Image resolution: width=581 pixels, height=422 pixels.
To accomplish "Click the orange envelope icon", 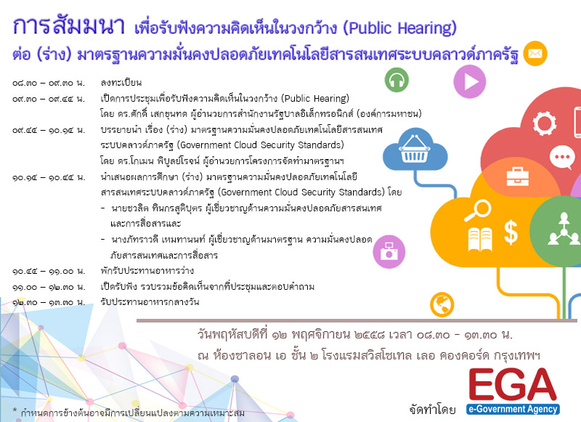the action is point(535,53).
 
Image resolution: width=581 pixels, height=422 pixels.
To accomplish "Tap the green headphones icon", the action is point(397,80).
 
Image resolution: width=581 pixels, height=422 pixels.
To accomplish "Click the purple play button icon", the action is point(469,81).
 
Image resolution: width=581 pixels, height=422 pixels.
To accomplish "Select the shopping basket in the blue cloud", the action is point(414,149).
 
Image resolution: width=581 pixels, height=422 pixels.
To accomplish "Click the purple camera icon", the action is point(389,251).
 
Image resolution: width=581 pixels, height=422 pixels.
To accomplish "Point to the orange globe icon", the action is point(442,305).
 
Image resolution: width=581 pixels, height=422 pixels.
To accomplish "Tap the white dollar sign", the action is point(511,232).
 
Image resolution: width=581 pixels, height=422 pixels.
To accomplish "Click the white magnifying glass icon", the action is point(478,210).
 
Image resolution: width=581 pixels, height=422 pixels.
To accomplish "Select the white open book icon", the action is point(480,240).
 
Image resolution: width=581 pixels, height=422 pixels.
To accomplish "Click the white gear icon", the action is point(544,123).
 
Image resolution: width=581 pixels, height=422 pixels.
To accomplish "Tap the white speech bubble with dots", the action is point(562,157).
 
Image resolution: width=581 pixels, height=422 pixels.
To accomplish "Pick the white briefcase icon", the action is point(518,176).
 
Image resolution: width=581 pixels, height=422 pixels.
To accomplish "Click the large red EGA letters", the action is point(513,384).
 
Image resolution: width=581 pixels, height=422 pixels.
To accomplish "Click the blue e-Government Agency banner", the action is point(513,409).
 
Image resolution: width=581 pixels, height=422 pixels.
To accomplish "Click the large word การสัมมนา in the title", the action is point(68,25).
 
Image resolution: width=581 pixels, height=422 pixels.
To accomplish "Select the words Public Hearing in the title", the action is point(400,28).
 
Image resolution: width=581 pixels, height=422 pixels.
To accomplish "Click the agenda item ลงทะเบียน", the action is point(121,82).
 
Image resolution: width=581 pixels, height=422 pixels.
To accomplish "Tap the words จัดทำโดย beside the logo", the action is point(432,409).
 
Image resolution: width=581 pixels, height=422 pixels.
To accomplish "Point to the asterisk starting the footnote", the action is point(15,410).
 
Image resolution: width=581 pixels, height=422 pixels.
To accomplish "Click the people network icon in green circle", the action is point(564,230).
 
